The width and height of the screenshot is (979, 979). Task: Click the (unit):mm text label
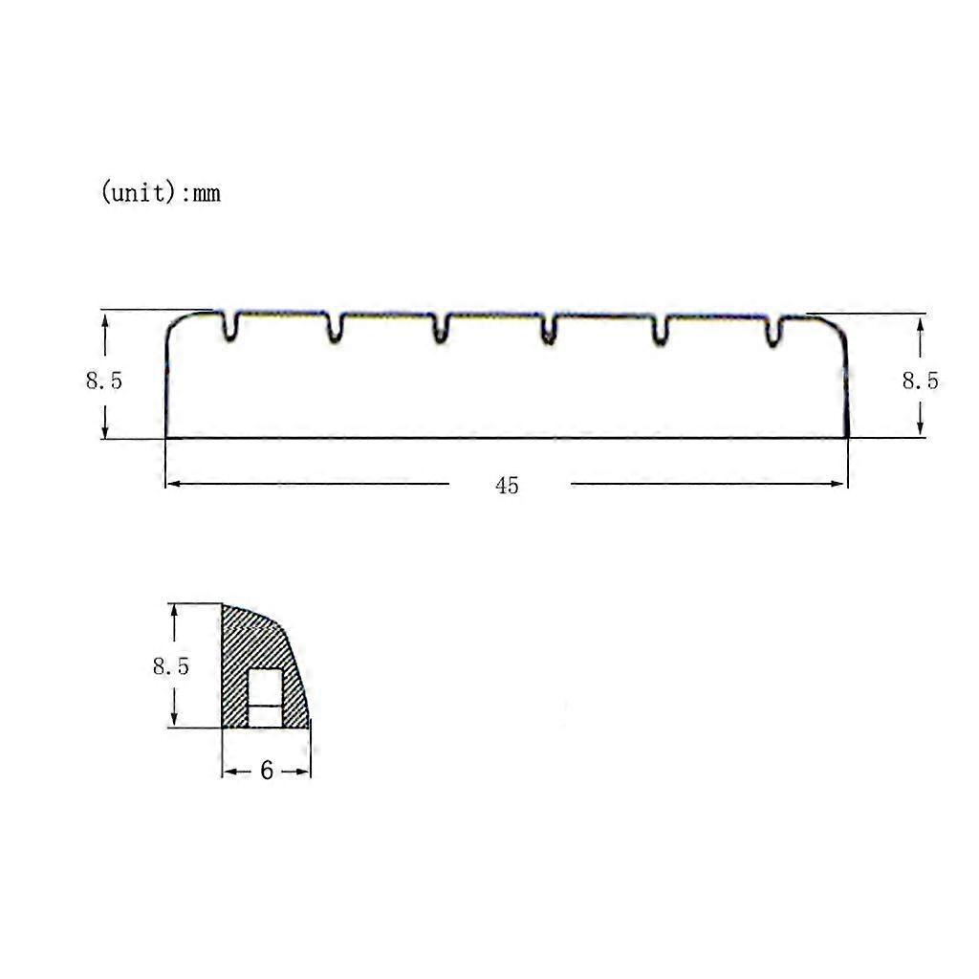pyautogui.click(x=161, y=191)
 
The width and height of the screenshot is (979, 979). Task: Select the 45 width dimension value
pyautogui.click(x=507, y=485)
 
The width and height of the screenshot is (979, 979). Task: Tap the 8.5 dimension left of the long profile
pyautogui.click(x=103, y=381)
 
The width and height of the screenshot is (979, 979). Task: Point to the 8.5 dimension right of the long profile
pyautogui.click(x=920, y=381)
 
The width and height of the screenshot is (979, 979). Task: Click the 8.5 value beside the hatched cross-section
pyautogui.click(x=170, y=666)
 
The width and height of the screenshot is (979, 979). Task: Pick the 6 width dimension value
pyautogui.click(x=267, y=771)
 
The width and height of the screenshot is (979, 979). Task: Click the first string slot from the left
pyautogui.click(x=229, y=326)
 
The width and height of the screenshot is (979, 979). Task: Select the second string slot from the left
pyautogui.click(x=336, y=327)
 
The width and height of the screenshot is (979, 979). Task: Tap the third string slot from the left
pyautogui.click(x=441, y=328)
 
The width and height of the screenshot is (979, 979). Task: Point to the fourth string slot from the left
pyautogui.click(x=548, y=329)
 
